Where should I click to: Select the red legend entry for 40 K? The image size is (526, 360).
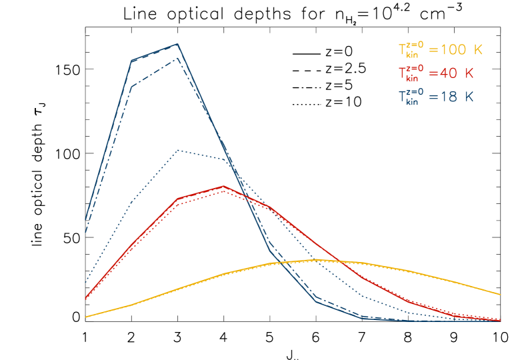coord(436,73)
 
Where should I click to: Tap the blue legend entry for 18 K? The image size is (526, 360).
coord(436,97)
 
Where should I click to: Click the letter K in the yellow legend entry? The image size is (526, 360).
coord(477,50)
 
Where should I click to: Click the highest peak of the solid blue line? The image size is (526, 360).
coord(177,45)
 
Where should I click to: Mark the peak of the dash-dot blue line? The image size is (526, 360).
coord(178,58)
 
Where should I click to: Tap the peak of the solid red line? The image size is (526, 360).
coord(224,186)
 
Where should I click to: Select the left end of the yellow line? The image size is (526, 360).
coord(86,317)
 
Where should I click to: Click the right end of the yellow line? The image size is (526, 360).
coord(500,294)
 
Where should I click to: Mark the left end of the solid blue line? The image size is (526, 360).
coord(86,219)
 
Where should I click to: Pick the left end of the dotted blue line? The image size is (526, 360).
coord(86,281)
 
